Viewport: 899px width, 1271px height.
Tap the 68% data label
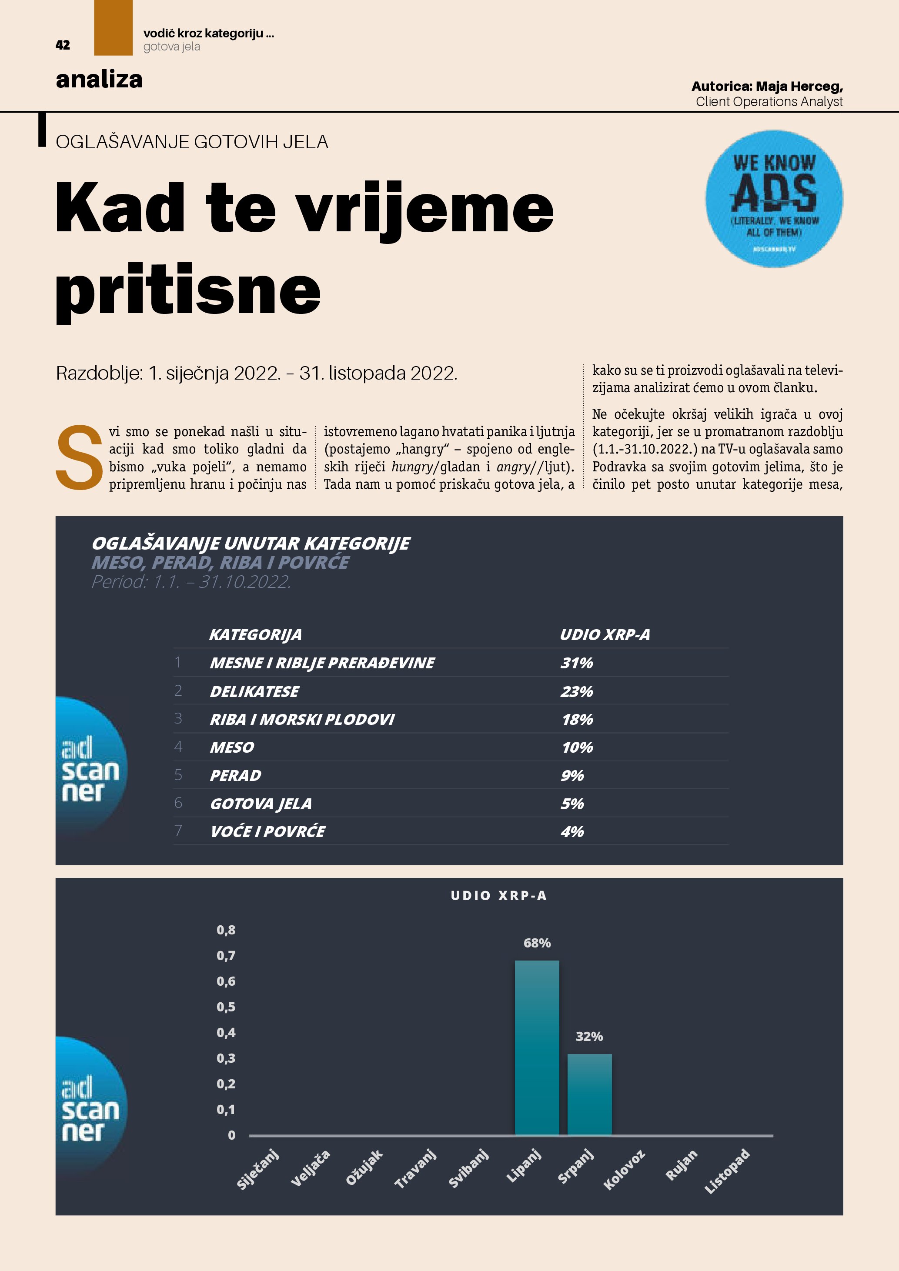(x=537, y=943)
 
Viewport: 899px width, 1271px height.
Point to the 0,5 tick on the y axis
(x=226, y=1007)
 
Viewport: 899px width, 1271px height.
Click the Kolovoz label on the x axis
(x=624, y=1170)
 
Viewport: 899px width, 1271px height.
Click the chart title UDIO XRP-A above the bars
(x=499, y=896)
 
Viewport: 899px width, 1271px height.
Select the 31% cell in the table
(x=576, y=663)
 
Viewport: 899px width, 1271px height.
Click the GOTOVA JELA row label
(x=261, y=803)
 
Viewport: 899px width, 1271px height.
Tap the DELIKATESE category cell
(x=254, y=691)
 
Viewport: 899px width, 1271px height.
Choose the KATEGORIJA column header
(x=255, y=634)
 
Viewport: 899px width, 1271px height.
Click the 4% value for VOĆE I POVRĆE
(x=572, y=831)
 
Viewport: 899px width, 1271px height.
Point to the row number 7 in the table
(x=178, y=831)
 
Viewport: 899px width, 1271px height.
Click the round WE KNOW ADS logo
(x=773, y=199)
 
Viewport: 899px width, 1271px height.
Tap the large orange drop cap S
(x=79, y=457)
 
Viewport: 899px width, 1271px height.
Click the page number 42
(x=63, y=45)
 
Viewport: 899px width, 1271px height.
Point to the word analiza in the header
(x=99, y=79)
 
